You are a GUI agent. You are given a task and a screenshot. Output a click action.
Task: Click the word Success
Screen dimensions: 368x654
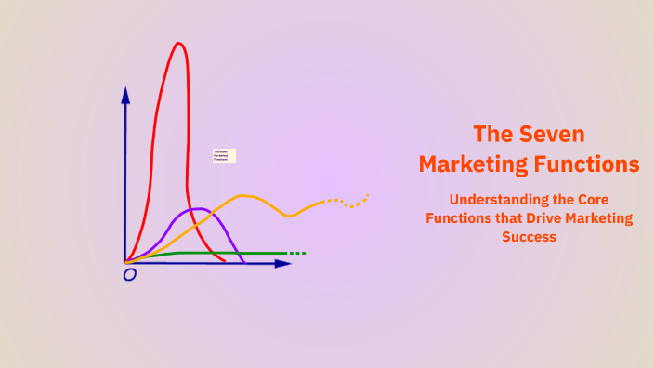529,237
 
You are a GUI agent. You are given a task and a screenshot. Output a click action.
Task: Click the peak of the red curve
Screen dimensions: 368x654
178,44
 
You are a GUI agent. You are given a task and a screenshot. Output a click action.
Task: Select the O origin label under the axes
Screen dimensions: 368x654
130,275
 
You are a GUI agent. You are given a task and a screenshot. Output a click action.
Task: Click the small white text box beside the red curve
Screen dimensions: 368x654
224,155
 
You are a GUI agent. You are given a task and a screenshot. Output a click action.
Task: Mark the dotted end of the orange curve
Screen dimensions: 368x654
358,199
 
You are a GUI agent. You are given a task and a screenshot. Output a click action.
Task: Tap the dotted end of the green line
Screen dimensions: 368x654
296,253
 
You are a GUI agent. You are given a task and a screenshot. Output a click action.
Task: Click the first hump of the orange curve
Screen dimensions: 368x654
244,196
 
